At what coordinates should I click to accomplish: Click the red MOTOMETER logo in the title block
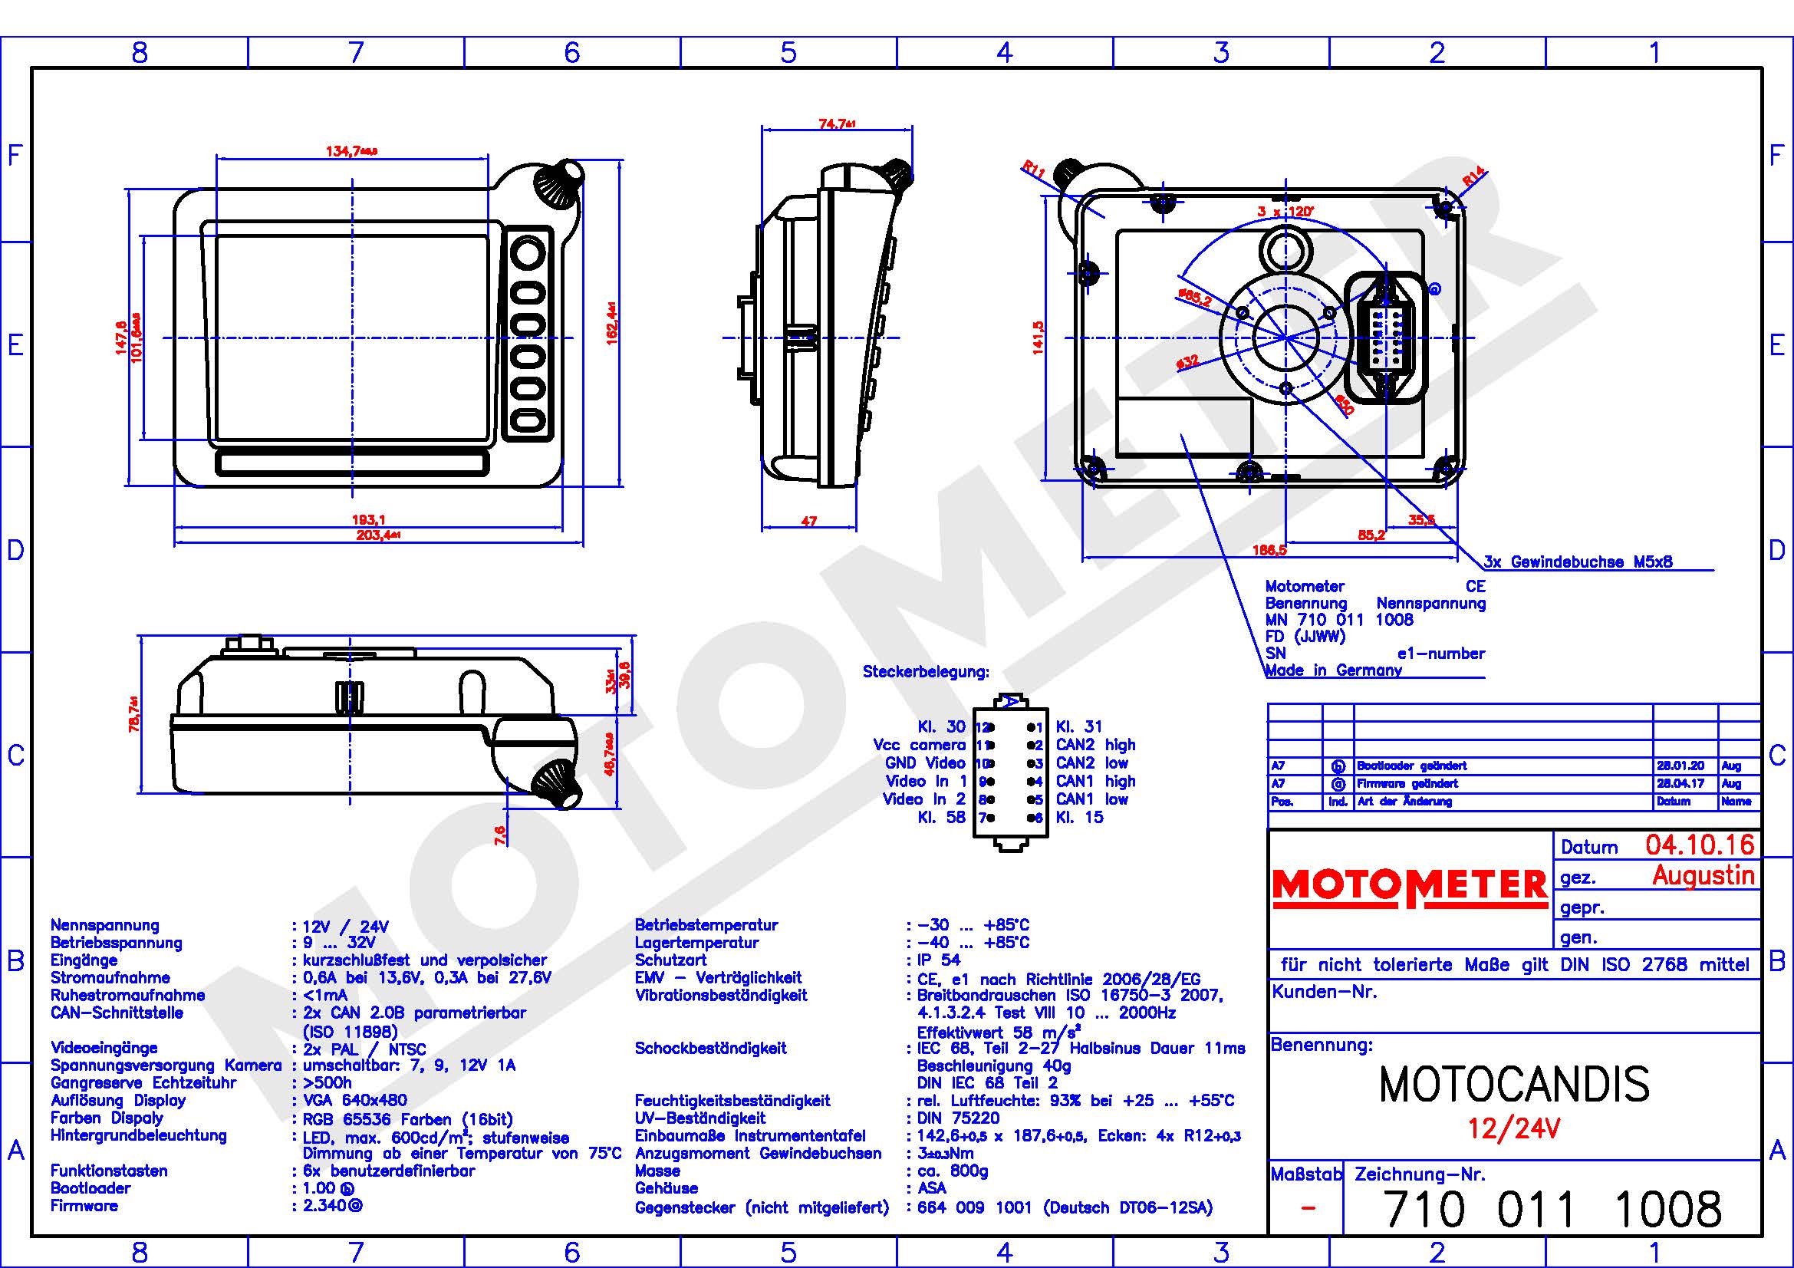[1409, 887]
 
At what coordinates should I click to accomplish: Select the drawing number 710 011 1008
[1552, 1210]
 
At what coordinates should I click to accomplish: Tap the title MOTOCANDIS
[1514, 1085]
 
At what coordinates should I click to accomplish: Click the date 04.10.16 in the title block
[1700, 845]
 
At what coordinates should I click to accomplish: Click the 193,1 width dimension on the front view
[368, 519]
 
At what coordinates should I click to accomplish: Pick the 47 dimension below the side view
[808, 521]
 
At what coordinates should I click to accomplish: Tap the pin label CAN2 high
[1095, 745]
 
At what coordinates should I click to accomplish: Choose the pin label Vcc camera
[919, 745]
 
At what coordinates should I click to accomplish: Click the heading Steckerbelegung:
[925, 672]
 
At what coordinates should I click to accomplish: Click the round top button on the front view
[528, 253]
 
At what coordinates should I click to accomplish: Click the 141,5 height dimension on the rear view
[1039, 338]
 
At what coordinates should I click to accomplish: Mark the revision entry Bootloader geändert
[1411, 766]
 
